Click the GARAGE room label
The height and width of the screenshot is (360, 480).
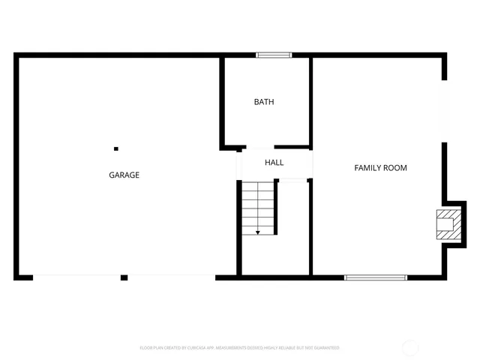pyautogui.click(x=124, y=175)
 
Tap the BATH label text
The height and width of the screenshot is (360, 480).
pyautogui.click(x=264, y=102)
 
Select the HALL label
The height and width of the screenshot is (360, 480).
pyautogui.click(x=274, y=163)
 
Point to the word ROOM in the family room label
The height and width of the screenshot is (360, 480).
pyautogui.click(x=395, y=168)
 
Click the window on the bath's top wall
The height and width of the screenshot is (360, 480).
pyautogui.click(x=273, y=55)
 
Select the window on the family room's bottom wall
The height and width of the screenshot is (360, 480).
pyautogui.click(x=375, y=277)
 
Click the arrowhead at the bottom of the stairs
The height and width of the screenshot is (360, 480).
pyautogui.click(x=258, y=232)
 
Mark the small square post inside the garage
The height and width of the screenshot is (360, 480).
pyautogui.click(x=116, y=148)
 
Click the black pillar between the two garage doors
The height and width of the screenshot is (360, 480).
pyautogui.click(x=124, y=277)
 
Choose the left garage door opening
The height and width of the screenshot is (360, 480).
pyautogui.click(x=77, y=277)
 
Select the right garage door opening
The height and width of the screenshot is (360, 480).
pyautogui.click(x=171, y=277)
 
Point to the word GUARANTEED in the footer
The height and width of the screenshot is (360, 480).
pyautogui.click(x=325, y=348)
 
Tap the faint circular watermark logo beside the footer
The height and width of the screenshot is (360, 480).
pyautogui.click(x=411, y=347)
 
